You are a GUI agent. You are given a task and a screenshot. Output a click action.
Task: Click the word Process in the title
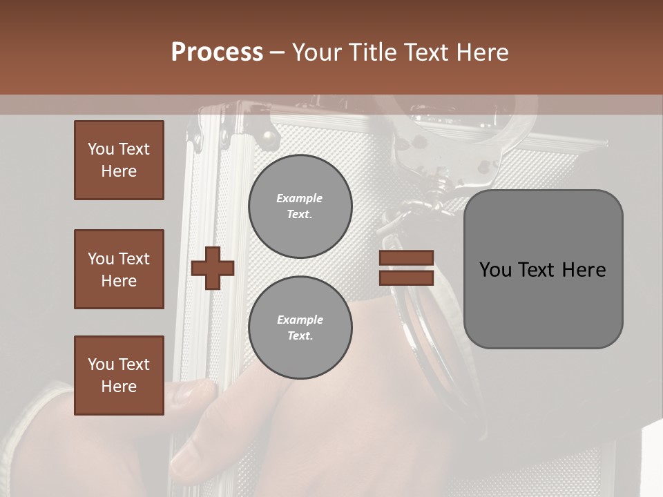(x=217, y=52)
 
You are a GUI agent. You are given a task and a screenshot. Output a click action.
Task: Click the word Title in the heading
(x=374, y=52)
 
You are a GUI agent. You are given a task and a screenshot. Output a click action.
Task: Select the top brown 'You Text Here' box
(x=119, y=160)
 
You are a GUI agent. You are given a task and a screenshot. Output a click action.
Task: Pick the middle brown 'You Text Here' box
(x=119, y=269)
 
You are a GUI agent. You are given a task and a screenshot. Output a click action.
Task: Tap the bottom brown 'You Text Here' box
(x=119, y=376)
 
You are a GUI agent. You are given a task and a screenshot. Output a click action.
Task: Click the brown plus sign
(x=213, y=268)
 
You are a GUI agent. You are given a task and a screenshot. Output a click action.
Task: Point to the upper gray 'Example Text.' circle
(x=300, y=206)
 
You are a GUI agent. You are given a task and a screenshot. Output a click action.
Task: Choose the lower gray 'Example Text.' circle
(x=300, y=328)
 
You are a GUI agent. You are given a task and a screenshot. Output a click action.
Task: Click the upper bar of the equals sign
(x=406, y=258)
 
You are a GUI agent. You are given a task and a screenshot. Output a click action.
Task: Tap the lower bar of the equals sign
(x=406, y=277)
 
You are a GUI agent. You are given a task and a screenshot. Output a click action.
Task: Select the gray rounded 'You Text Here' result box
(x=543, y=269)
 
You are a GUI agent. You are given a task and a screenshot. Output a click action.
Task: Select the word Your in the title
(x=317, y=52)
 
